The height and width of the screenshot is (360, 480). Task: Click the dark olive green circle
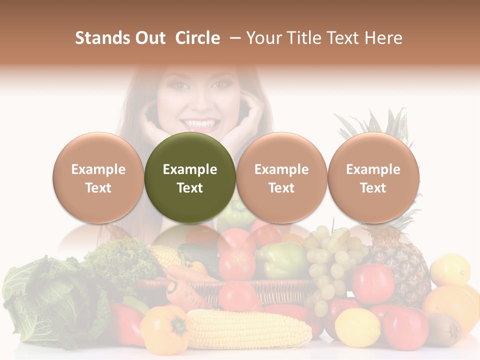pyautogui.click(x=189, y=177)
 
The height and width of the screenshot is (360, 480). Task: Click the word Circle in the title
pyautogui.click(x=197, y=38)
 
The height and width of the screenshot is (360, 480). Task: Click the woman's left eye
pyautogui.click(x=218, y=85)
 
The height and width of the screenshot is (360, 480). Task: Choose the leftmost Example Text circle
pyautogui.click(x=98, y=177)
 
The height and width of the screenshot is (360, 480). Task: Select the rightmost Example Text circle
pyautogui.click(x=373, y=177)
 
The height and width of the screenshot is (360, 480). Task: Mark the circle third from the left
pyautogui.click(x=281, y=177)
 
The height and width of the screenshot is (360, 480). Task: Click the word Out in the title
pyautogui.click(x=149, y=38)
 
